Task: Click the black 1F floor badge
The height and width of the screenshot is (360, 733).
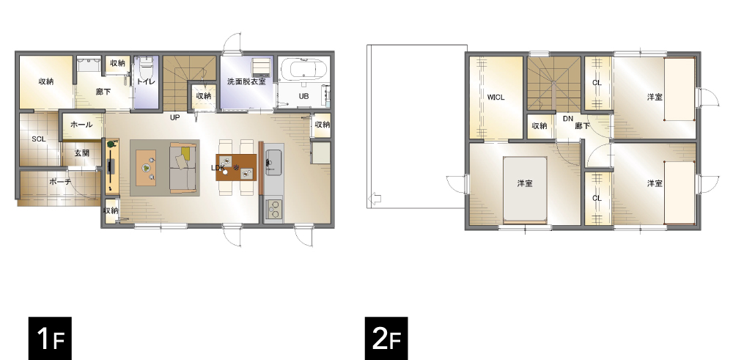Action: point(50,338)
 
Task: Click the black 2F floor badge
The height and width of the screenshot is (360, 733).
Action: point(386,338)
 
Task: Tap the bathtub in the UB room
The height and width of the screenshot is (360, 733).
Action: point(304,70)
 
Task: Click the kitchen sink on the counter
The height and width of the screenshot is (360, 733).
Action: point(273,162)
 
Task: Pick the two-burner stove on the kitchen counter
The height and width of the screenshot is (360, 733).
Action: point(273,210)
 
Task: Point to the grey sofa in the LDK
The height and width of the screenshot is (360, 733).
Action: point(183,167)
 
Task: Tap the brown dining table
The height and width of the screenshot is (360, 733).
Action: point(237,167)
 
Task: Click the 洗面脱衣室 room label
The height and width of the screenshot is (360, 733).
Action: point(246,81)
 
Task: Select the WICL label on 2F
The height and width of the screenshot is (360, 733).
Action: point(496,98)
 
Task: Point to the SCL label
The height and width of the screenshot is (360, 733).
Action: point(39,139)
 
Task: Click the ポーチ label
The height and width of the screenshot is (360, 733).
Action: point(60,181)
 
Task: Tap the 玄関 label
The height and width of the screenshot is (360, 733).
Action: point(82,153)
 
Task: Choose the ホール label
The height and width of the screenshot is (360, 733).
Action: point(81,125)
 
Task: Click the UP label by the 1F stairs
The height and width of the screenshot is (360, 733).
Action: point(175,117)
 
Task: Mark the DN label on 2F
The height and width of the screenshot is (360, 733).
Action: point(568,119)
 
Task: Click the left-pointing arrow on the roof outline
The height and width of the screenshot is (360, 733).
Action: point(375,199)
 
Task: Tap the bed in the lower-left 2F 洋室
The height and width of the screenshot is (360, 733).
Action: point(525,190)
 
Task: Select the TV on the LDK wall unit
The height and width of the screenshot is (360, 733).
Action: point(111,166)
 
